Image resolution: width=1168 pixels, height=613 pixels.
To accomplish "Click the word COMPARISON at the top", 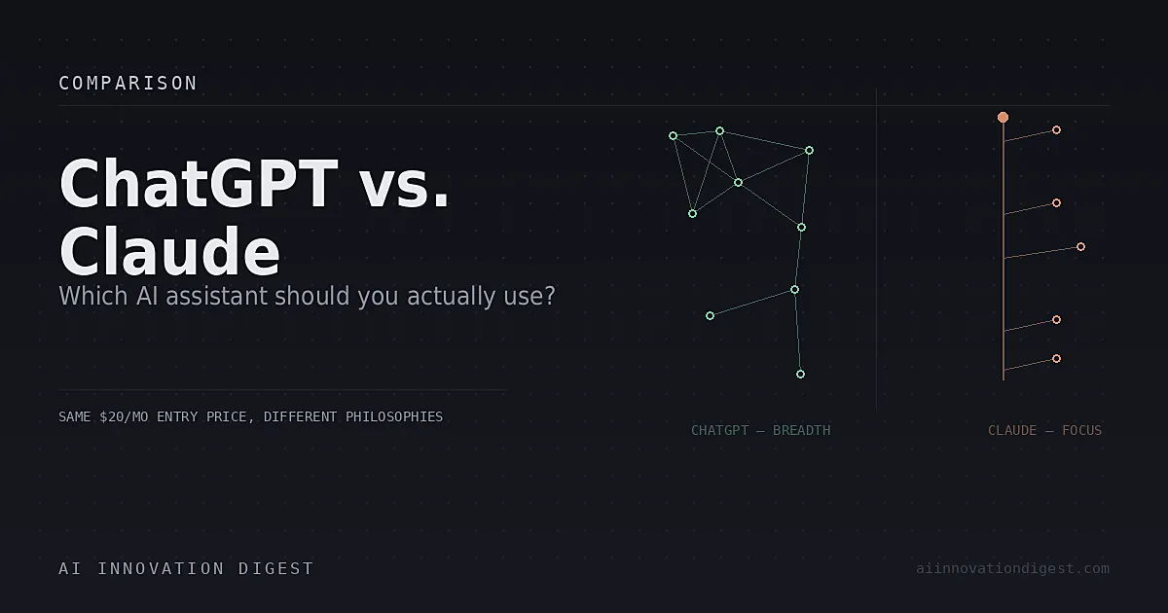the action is point(128,83).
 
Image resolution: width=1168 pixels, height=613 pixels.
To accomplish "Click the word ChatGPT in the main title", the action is point(199,184).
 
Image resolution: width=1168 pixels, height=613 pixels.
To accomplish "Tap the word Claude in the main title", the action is point(170,251).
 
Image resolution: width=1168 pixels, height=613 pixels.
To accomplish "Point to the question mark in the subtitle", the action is point(550,296).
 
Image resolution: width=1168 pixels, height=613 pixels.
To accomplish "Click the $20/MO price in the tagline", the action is point(124,417).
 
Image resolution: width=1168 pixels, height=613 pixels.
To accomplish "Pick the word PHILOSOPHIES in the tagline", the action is point(394,417).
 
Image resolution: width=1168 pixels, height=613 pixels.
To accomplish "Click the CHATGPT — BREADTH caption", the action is point(761,430).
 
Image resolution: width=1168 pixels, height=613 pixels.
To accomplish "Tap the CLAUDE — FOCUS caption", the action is point(1045,430).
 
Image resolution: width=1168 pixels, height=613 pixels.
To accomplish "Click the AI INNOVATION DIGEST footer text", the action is point(186,568).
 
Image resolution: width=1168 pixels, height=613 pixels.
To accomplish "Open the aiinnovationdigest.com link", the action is point(1012,568).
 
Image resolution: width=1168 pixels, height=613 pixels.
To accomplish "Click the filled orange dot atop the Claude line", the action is point(1003,118).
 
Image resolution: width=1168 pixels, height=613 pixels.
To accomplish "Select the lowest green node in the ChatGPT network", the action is point(800,374).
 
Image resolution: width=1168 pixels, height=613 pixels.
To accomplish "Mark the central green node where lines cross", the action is point(738,183).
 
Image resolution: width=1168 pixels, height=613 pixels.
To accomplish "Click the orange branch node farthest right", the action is point(1081,246).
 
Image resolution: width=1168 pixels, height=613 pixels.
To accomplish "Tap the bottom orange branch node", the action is point(1056,359).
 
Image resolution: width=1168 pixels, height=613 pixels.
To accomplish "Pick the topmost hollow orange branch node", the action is point(1056,129).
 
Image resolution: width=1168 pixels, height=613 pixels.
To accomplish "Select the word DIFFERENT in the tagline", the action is point(301,417).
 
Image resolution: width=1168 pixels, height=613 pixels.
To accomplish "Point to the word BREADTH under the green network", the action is point(801,430).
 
